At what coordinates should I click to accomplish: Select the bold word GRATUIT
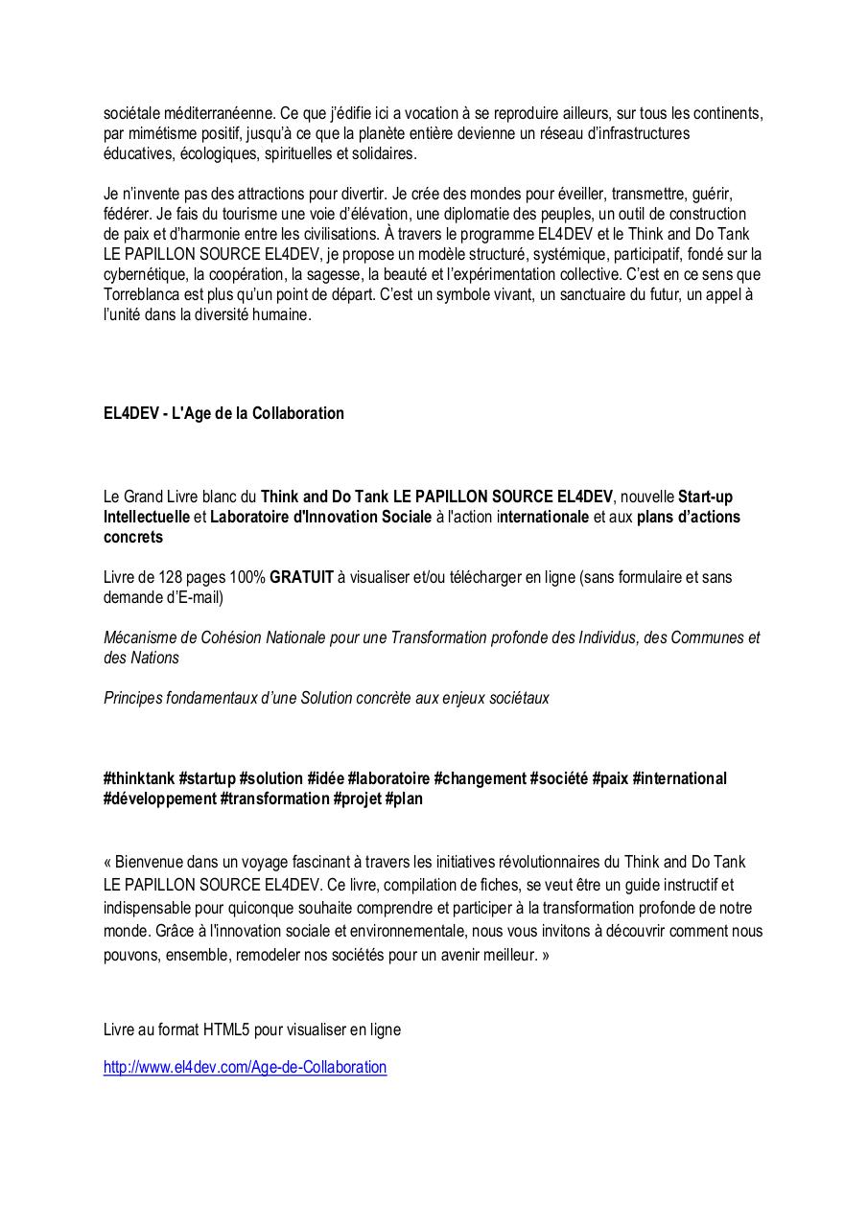pos(301,577)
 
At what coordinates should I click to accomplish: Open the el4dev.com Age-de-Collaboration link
pos(245,1067)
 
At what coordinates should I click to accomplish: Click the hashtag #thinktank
pos(139,778)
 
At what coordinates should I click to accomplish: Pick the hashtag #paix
pos(610,778)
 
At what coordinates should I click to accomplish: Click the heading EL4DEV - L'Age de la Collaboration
pos(223,413)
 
